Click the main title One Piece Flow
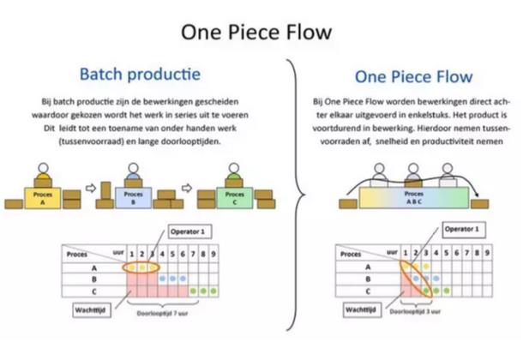point(261,33)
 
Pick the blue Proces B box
point(131,195)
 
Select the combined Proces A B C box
point(414,196)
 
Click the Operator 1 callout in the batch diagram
point(187,232)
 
